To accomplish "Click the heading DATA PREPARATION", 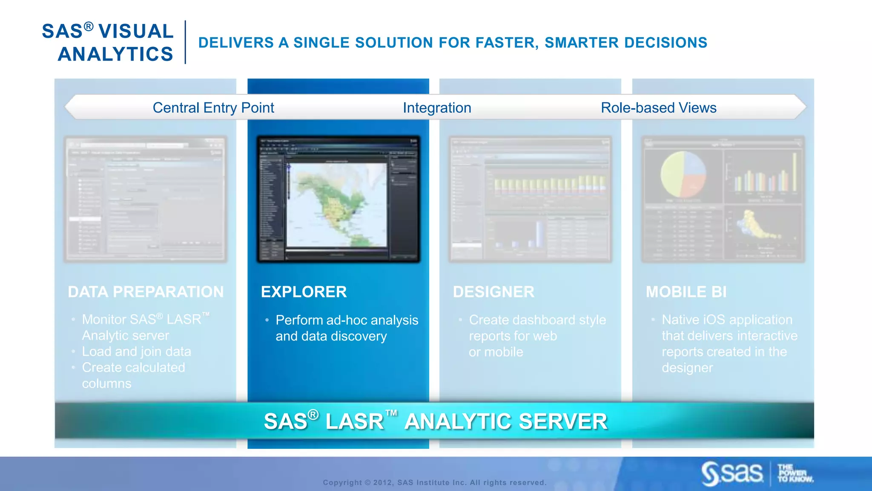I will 146,292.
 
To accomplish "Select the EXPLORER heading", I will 304,292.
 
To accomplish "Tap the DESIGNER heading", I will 493,292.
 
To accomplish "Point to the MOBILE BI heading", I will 686,292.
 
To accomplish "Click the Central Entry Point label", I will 213,108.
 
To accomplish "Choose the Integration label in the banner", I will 437,108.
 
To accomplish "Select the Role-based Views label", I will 658,108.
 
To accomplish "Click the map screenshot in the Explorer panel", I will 336,205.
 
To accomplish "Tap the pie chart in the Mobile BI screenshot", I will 683,174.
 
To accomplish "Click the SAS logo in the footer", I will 732,473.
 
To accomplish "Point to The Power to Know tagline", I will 795,473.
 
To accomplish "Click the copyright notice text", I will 434,482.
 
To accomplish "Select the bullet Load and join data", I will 136,352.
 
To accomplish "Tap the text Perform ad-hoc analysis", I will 347,320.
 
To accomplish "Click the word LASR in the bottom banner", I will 354,422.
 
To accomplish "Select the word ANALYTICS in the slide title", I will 115,54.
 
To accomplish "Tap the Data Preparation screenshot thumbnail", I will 145,199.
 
